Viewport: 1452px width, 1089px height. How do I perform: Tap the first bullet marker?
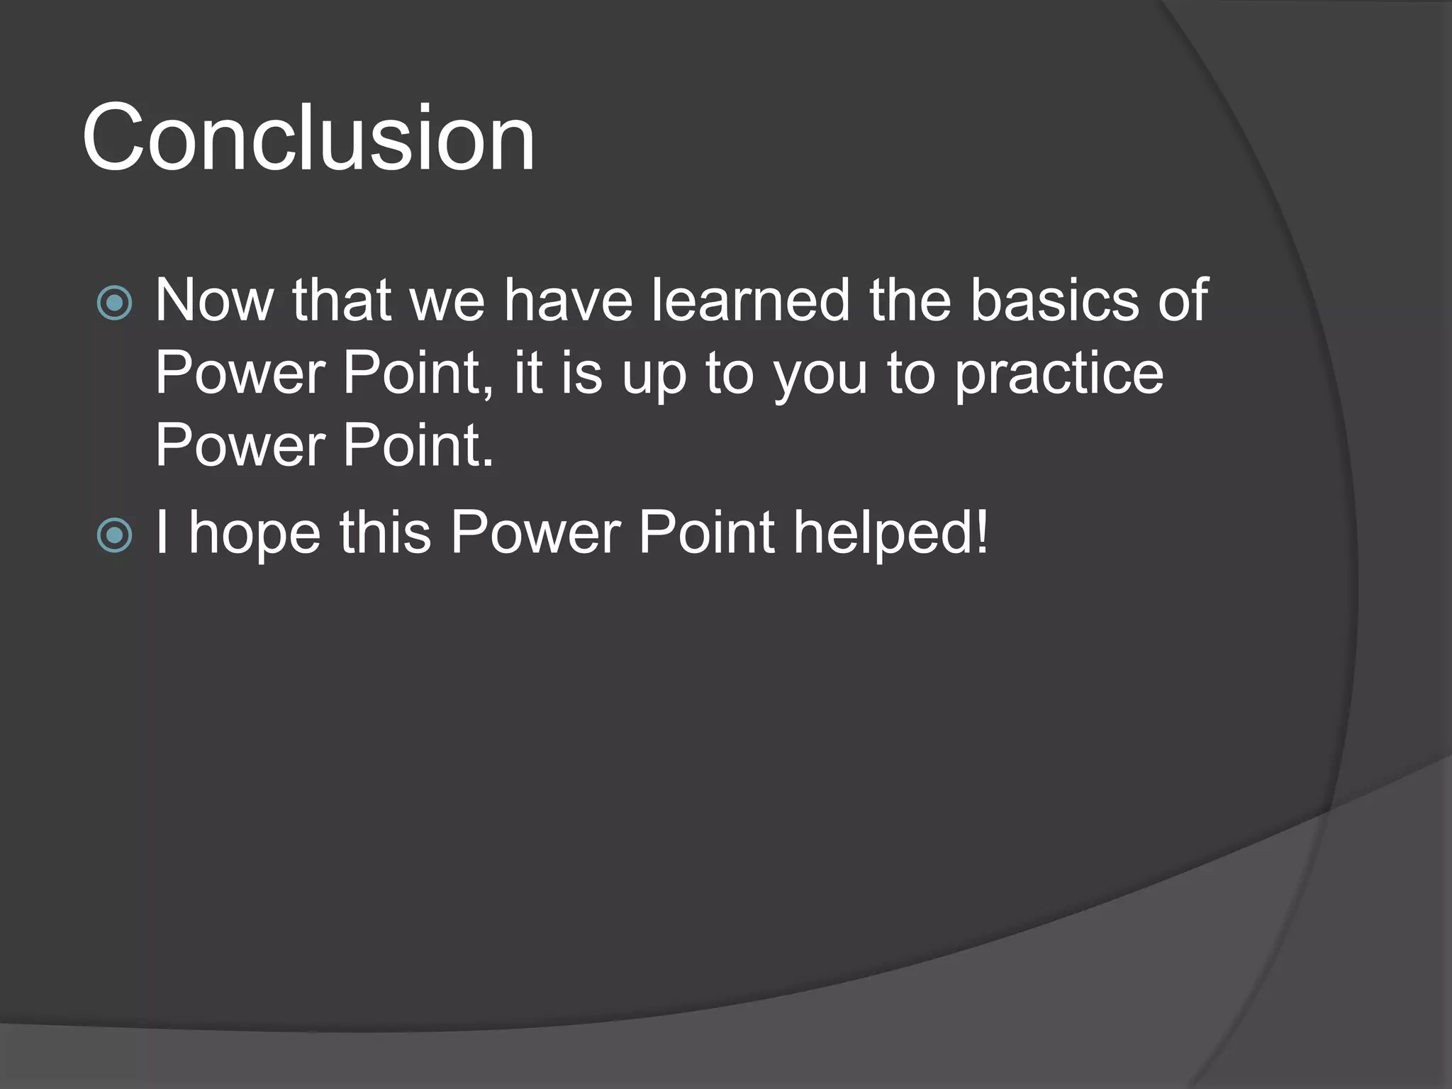[114, 303]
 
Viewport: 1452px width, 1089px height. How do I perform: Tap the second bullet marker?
[114, 535]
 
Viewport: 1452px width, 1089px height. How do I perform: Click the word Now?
[214, 301]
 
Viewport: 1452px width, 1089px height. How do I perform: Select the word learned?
[751, 301]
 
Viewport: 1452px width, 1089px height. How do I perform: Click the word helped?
[890, 533]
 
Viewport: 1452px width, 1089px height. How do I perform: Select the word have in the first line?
[568, 301]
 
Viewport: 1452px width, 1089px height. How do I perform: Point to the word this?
[385, 533]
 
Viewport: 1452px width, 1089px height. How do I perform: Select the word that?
[342, 301]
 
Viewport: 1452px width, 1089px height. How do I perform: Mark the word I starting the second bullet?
[162, 533]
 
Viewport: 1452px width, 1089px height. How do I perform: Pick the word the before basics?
[910, 301]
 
